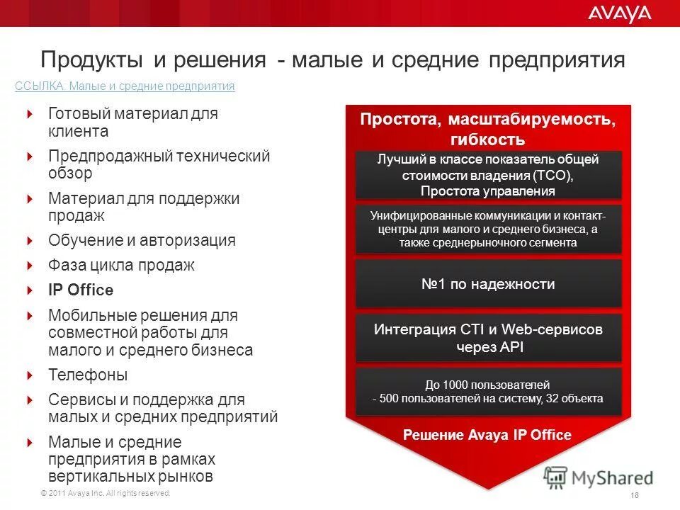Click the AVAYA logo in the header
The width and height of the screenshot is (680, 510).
pos(618,13)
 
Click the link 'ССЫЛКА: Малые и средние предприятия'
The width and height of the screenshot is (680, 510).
pos(125,86)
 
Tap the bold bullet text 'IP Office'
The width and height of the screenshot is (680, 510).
pos(81,290)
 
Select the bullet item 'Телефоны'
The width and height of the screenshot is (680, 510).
pos(88,375)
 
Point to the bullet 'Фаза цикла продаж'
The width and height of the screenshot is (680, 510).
pos(121,266)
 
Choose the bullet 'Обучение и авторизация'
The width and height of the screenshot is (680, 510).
pos(142,240)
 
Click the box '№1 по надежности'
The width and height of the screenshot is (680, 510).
pos(487,285)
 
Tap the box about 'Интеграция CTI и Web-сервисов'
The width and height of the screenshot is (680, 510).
pos(487,338)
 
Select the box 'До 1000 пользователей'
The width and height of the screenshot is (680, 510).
pos(487,392)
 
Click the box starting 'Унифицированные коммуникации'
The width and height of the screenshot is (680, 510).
pos(487,229)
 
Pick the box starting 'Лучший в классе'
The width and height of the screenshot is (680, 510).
pos(487,175)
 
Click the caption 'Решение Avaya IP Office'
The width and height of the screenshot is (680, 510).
pos(487,435)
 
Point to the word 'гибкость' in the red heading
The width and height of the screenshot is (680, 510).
pos(487,139)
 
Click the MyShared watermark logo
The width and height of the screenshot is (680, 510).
pos(599,477)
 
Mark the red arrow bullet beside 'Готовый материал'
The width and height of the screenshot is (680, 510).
pos(30,113)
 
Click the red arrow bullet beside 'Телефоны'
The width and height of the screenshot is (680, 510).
pos(30,375)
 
